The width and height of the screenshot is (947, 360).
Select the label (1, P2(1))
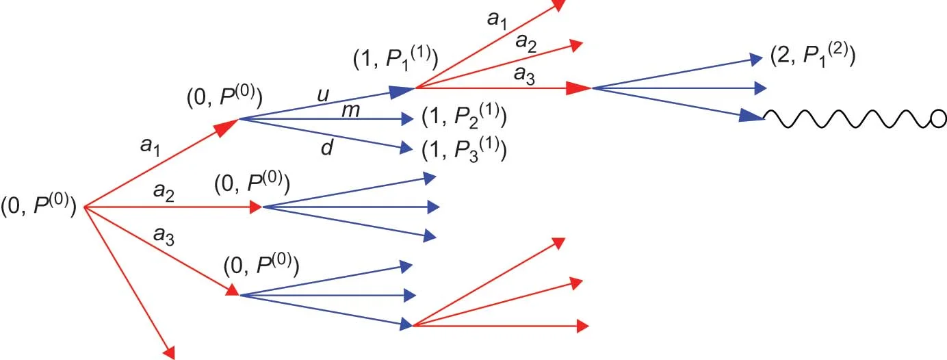coord(464,117)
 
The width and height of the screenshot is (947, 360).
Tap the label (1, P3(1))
coord(464,149)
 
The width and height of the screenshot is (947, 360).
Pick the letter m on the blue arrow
coord(350,111)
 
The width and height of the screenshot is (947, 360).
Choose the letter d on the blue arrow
coord(327,147)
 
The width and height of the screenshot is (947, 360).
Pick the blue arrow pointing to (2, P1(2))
coord(677,73)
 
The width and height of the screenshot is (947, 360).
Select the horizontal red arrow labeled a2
coord(171,206)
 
